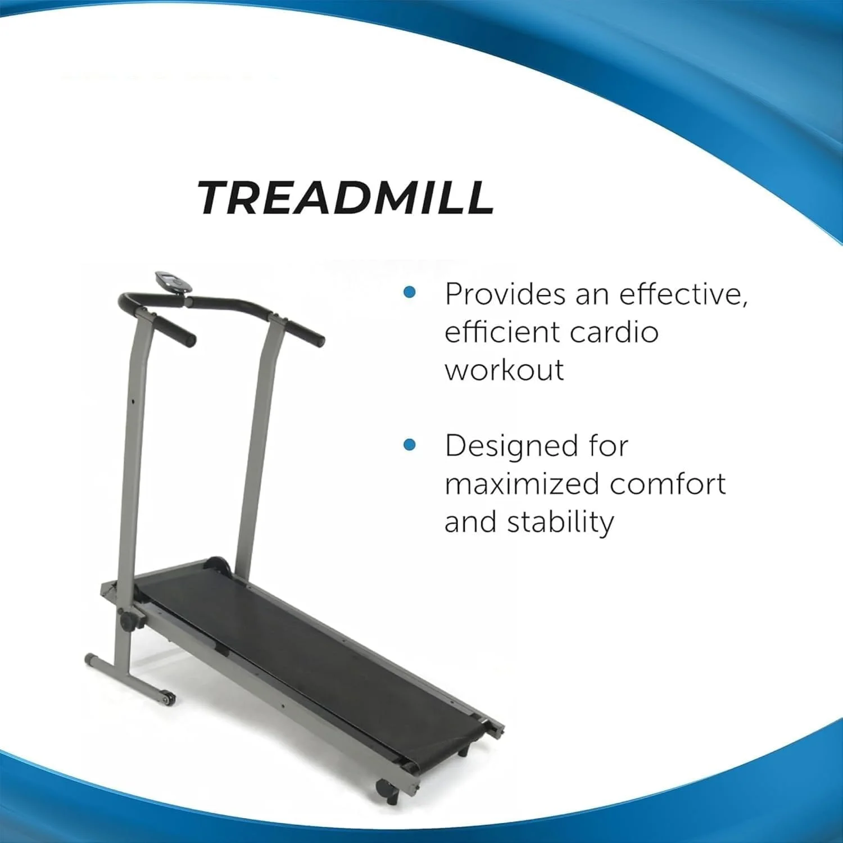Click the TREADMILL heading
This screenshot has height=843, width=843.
click(346, 198)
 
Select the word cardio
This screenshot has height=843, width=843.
click(614, 332)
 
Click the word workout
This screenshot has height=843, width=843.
click(504, 370)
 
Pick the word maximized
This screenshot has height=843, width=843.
click(522, 484)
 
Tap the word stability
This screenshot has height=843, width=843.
click(560, 523)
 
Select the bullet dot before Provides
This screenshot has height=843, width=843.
click(410, 292)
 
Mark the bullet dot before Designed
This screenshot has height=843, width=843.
click(410, 445)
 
